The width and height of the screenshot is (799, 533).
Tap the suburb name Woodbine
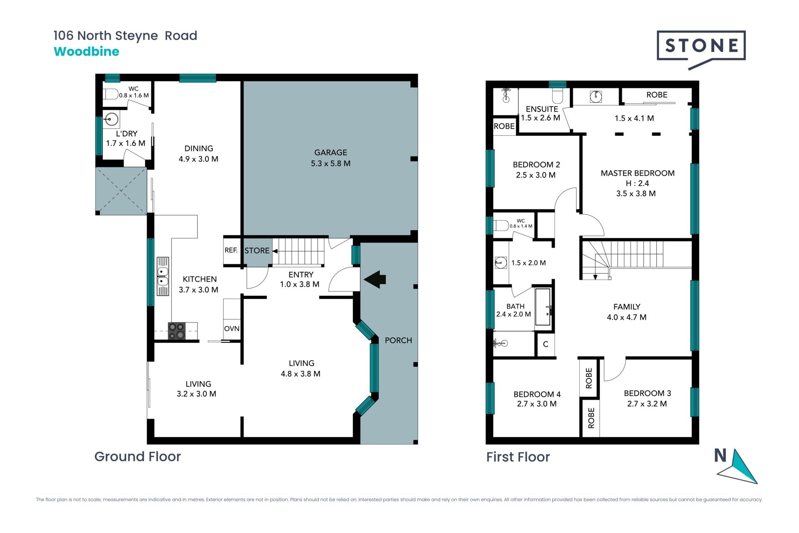point(87,52)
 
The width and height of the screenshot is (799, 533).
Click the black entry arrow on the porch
point(375,279)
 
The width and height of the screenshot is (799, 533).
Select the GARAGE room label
point(330,153)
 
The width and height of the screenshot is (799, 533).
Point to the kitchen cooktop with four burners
point(176,331)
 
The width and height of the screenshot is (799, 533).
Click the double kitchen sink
point(163,276)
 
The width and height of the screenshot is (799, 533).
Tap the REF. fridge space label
point(231,250)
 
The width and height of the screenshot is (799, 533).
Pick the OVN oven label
point(232,329)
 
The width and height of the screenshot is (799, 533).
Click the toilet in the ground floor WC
point(110,94)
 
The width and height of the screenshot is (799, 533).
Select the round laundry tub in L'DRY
point(112,120)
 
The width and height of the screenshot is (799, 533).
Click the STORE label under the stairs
point(257,251)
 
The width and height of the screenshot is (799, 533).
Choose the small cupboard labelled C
point(546,344)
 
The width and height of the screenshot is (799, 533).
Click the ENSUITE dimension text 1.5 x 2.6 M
point(541,118)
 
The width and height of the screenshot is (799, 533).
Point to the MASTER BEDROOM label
point(638,173)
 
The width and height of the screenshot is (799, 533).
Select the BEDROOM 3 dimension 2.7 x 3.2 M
point(647,404)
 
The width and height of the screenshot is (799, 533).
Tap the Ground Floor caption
point(138,457)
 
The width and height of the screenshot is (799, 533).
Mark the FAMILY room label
point(627,307)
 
